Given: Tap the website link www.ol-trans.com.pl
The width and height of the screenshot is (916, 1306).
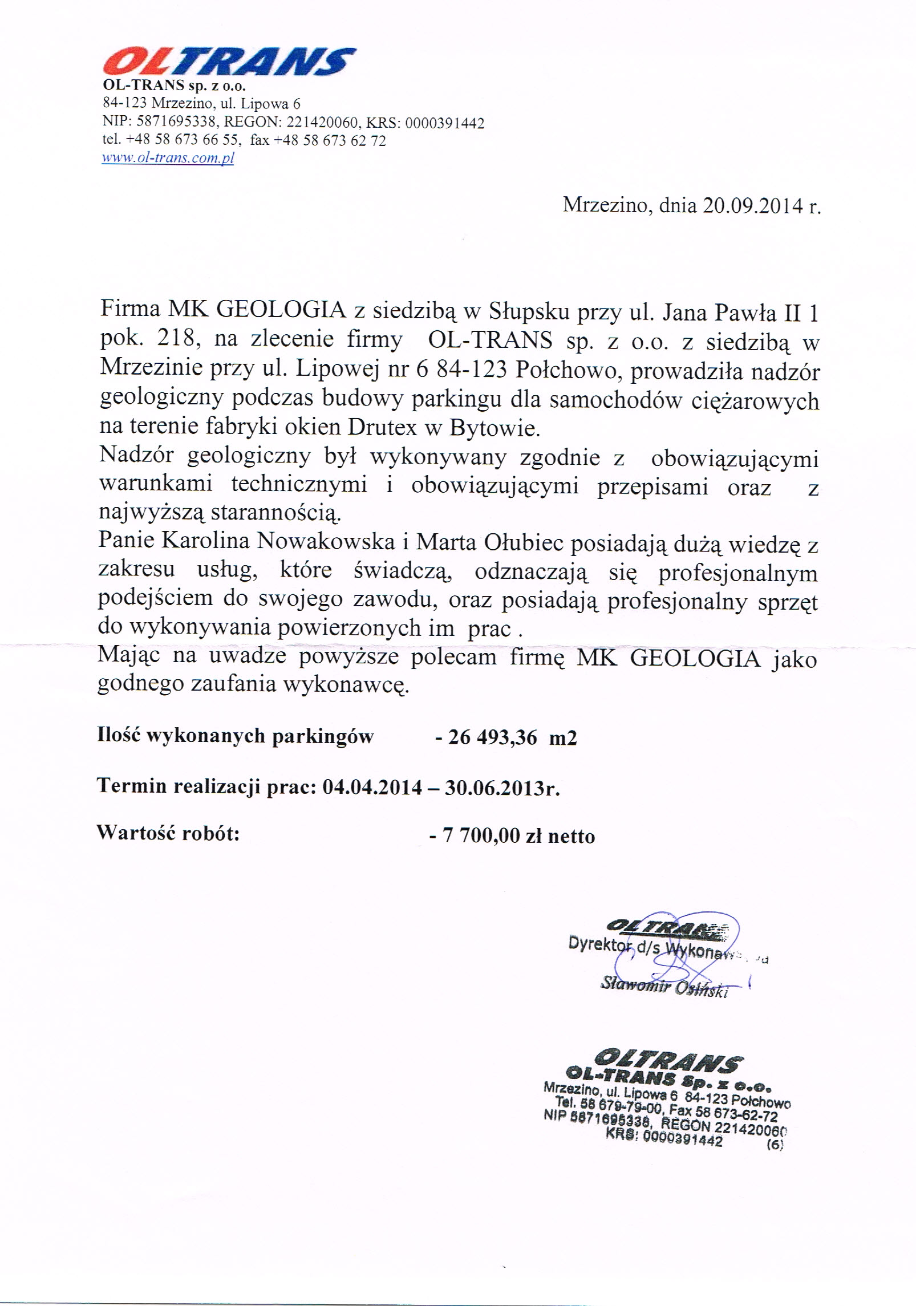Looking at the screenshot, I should pyautogui.click(x=168, y=158).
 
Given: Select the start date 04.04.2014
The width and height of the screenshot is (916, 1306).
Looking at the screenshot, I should pyautogui.click(x=372, y=787).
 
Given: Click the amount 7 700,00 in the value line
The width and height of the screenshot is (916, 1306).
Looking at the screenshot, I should pyautogui.click(x=481, y=836).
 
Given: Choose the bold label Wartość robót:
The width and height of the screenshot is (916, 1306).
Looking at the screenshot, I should pyautogui.click(x=168, y=833).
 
